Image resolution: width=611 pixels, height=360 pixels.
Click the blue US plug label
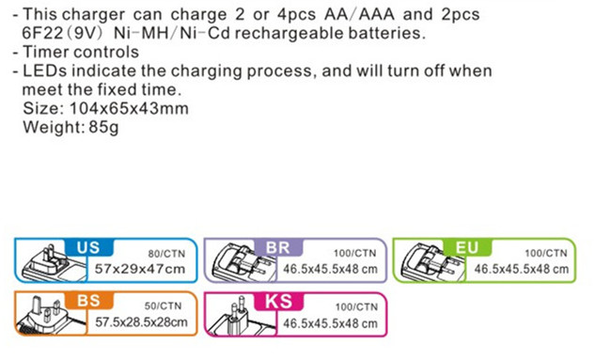pos(89,248)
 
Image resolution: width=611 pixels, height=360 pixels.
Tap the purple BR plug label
pos(278,248)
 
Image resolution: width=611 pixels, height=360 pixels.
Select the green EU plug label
pos(467,248)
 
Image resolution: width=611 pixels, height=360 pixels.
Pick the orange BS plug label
pos(89,301)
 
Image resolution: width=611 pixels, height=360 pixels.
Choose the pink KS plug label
pos(278,302)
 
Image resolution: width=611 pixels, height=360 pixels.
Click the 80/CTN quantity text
pos(166,254)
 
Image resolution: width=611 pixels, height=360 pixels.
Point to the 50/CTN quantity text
pos(163,306)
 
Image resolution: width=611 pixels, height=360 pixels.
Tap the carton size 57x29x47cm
pos(140,269)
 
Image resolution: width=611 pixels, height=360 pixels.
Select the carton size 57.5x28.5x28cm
pos(141,322)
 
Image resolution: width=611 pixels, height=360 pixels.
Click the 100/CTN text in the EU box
pos(545,254)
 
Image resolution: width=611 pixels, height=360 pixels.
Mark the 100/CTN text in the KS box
pos(356,307)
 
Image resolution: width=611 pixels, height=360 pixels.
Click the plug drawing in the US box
pos(54,262)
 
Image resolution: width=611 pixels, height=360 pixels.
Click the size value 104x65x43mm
pos(129,108)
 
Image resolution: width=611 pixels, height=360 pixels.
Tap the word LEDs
pos(45,70)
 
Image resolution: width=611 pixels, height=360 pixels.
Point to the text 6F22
pos(42,34)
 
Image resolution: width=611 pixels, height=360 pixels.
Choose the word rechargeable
pos(289,34)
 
